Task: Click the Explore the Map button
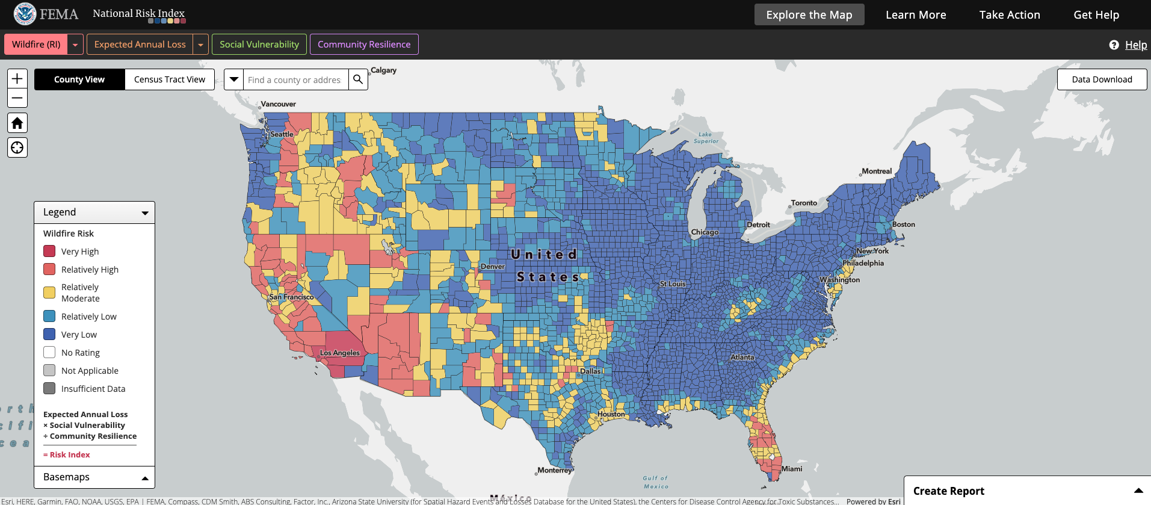coord(809,15)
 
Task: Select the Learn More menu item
coord(916,15)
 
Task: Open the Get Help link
coord(1096,15)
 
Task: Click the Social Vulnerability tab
coord(259,45)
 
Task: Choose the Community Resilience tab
coord(364,45)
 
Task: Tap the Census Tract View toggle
coord(170,79)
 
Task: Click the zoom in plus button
coord(17,79)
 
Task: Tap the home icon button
coord(17,123)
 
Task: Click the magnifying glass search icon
coord(358,79)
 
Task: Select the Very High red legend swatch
coord(49,252)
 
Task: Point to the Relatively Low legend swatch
coord(49,317)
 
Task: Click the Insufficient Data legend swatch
coord(49,389)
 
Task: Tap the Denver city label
coord(492,267)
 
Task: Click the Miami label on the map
coord(792,469)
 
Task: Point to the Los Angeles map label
coord(340,353)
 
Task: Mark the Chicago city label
coord(705,232)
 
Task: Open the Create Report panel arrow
coord(1138,491)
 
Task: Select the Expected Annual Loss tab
coord(140,45)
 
